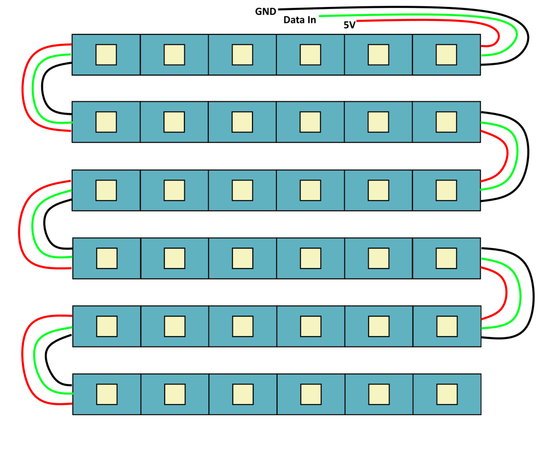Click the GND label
coord(265,12)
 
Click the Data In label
coord(300,20)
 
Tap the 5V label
coord(349,25)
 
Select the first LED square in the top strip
coord(106,54)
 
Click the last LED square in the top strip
coord(446,54)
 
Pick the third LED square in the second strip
coord(242,122)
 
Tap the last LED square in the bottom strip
coord(447,394)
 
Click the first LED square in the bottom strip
coord(107,394)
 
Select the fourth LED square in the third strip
coord(310,190)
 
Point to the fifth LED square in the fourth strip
coord(379,258)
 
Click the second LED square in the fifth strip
coord(175,326)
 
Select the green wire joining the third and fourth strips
coord(33,225)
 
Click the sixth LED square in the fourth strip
coord(446,258)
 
